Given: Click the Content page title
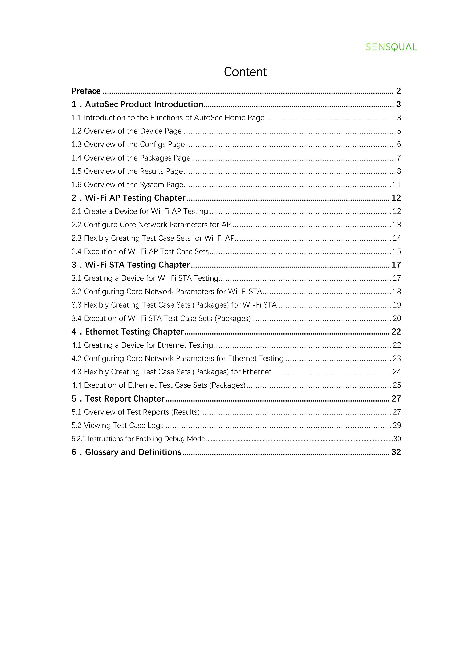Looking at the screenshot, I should point(245,72).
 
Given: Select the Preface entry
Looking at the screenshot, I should point(86,91).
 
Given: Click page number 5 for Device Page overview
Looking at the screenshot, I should point(399,131).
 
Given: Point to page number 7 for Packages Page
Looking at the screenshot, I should point(399,158).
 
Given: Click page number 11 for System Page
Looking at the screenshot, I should point(397,185).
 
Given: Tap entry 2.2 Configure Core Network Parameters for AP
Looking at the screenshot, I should point(151,225).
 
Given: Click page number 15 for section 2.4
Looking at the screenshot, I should point(397,251).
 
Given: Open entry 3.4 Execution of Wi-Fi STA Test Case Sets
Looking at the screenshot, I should point(161,318).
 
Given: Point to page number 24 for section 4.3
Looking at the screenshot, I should point(397,372).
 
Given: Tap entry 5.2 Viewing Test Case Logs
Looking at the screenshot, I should point(117,425).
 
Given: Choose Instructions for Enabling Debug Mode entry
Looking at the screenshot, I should point(138,439).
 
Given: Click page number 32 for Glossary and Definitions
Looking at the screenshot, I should point(396,452).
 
